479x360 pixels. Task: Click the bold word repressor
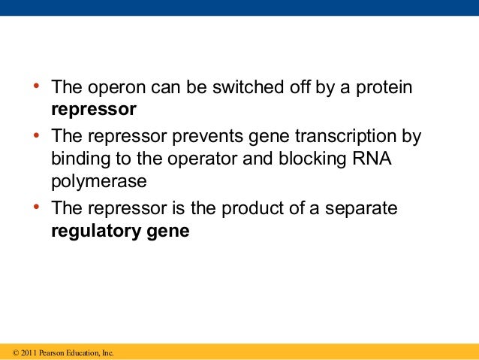[94, 110]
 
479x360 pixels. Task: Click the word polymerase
[98, 181]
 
